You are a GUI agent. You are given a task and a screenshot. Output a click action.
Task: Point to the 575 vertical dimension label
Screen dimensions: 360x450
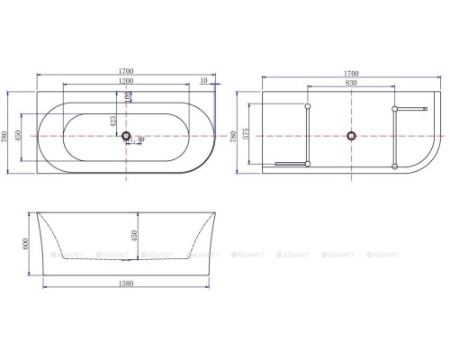pyautogui.click(x=248, y=136)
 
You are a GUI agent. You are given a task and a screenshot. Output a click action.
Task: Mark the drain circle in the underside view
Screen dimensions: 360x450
pyautogui.click(x=349, y=136)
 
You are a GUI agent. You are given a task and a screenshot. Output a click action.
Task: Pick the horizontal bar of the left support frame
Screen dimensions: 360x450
pyautogui.click(x=290, y=163)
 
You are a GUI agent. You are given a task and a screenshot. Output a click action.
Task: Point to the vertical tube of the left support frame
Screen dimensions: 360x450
pyautogui.click(x=308, y=135)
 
